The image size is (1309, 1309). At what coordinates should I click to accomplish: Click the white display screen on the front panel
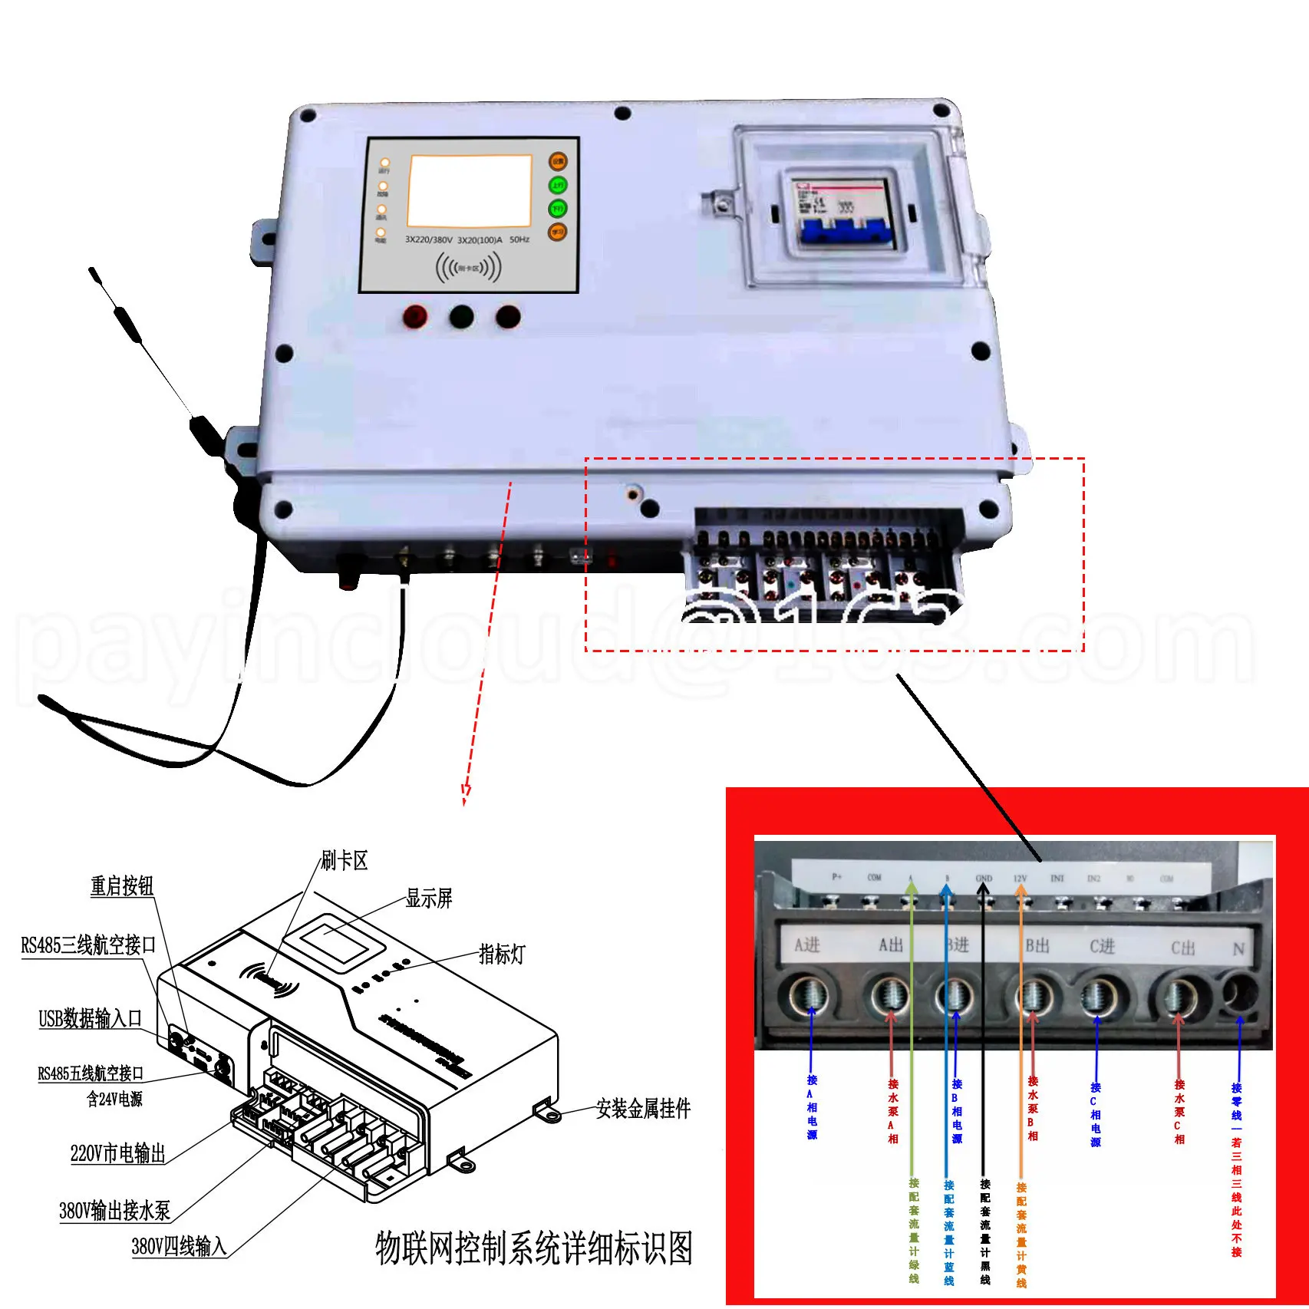pos(470,190)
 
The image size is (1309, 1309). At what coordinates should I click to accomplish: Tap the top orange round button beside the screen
pos(558,161)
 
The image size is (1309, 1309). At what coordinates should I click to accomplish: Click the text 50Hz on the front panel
pos(519,240)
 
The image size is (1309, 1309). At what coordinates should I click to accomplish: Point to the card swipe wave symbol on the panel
pos(468,268)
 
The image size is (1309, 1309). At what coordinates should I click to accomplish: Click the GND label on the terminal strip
pos(984,879)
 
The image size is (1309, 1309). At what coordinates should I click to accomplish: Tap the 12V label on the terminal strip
pos(1020,879)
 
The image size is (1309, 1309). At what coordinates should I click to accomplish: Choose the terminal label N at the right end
pos(1238,950)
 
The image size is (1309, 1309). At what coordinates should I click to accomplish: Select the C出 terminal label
pos(1182,948)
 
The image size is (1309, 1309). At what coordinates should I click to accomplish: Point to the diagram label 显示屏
pos(429,898)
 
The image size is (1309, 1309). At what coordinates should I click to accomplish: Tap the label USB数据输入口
pos(91,1019)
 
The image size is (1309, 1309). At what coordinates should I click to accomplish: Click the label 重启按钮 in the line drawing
pos(122,887)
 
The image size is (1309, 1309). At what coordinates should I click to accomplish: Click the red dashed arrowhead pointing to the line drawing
pos(465,793)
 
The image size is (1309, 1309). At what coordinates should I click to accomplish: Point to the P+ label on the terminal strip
pos(836,877)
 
